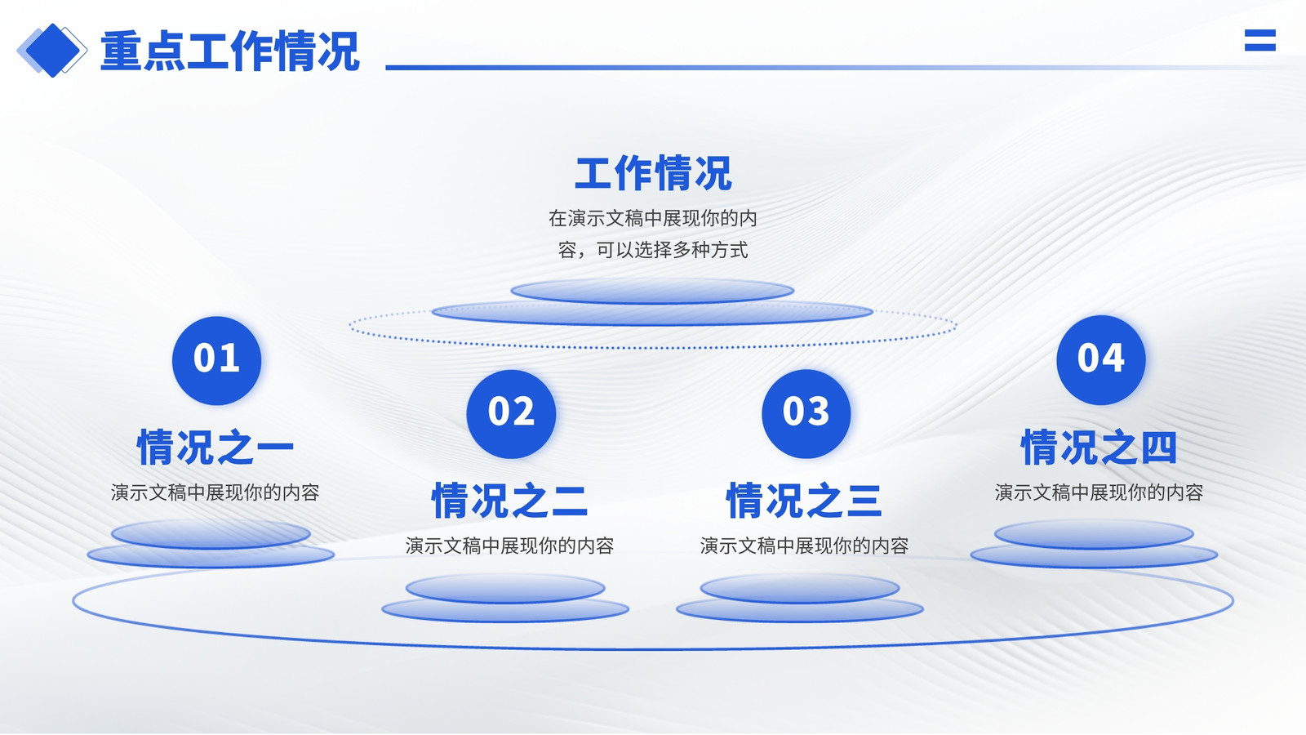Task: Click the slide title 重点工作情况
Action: [229, 51]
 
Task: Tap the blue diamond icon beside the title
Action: [52, 50]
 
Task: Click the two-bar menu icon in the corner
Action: [1260, 40]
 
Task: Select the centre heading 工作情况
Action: [653, 173]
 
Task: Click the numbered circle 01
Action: [216, 360]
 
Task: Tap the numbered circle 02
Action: [511, 413]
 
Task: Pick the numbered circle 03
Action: [806, 413]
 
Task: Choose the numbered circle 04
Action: [1101, 360]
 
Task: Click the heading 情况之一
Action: [215, 448]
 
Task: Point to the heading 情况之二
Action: [509, 501]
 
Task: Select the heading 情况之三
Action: [804, 501]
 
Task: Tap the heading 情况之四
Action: [1099, 448]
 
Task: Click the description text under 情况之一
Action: [215, 492]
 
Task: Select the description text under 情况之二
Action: [509, 546]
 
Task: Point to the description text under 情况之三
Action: [804, 546]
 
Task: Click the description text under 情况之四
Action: [1099, 492]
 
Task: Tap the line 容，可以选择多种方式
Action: [653, 250]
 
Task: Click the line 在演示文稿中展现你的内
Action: [653, 218]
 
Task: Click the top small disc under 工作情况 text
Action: [652, 291]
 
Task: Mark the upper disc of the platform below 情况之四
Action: [1094, 534]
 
